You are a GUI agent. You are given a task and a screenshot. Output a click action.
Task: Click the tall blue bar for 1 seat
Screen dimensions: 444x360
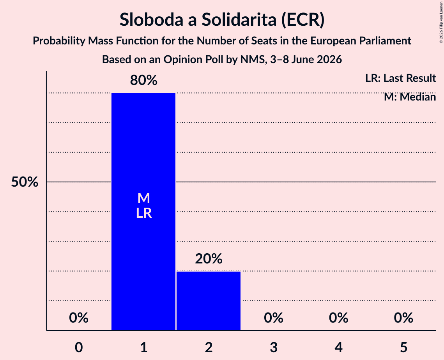143,212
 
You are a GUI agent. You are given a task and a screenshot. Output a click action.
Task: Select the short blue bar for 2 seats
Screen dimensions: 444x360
209,301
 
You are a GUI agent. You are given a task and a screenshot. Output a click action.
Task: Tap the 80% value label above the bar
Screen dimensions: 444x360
143,80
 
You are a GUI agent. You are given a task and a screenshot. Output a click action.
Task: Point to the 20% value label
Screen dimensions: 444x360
209,258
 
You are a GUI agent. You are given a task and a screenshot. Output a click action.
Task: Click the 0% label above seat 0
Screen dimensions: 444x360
79,318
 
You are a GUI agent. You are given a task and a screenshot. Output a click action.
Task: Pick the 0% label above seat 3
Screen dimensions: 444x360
274,318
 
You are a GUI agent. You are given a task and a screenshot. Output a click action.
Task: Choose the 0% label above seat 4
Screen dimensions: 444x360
339,318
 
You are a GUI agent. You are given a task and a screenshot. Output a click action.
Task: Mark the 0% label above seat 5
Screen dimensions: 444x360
403,318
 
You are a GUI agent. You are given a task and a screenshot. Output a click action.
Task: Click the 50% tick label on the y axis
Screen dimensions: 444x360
25,182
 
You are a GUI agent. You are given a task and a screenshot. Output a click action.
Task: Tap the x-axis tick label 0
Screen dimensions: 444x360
79,348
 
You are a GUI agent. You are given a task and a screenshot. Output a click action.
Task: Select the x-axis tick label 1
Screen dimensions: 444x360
144,348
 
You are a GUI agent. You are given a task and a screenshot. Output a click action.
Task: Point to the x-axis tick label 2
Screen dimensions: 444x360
209,348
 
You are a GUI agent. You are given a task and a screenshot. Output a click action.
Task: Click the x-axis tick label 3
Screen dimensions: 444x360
274,348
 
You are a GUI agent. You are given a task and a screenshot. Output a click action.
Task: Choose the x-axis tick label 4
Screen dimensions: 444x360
339,348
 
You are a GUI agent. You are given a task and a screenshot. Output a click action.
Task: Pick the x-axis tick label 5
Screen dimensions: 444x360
403,348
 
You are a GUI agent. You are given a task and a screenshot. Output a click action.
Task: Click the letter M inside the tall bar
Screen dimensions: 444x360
143,198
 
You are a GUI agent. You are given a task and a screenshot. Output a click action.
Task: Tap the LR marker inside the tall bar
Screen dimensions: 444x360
144,213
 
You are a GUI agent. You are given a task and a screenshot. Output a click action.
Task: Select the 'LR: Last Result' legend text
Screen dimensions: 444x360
400,78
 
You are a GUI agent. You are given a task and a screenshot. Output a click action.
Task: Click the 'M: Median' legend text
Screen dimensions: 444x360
410,97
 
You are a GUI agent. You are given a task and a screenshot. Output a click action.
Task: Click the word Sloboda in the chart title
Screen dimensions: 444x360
151,19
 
